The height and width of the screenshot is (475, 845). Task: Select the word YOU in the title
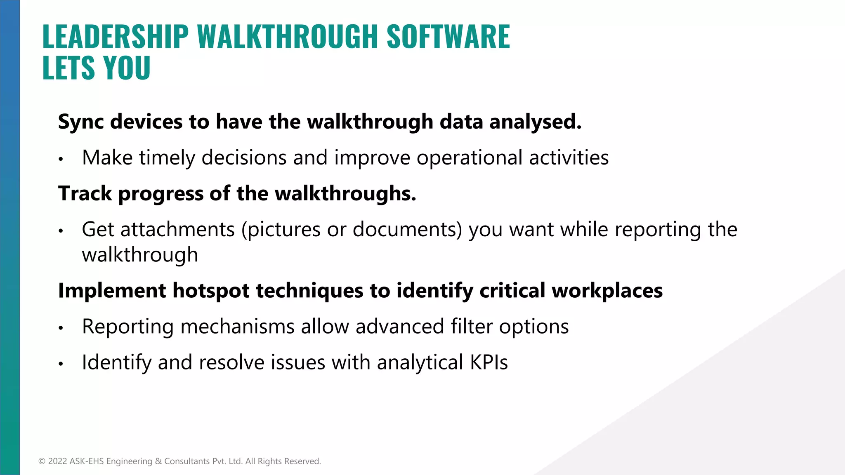[127, 68]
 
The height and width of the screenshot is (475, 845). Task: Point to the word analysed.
[535, 122]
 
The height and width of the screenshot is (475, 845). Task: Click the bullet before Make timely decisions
[61, 159]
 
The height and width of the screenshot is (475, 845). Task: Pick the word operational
[469, 158]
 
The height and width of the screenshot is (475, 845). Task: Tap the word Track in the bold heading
[85, 193]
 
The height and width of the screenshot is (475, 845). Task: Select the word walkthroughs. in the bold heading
[345, 193]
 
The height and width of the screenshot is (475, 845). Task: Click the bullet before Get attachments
[61, 230]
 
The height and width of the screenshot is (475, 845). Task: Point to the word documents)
[407, 230]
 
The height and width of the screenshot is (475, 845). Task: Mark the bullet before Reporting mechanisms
[61, 328]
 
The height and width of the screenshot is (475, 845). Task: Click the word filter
[471, 327]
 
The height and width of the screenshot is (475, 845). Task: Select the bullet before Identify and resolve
[61, 364]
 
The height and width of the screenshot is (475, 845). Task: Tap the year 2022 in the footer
[57, 461]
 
